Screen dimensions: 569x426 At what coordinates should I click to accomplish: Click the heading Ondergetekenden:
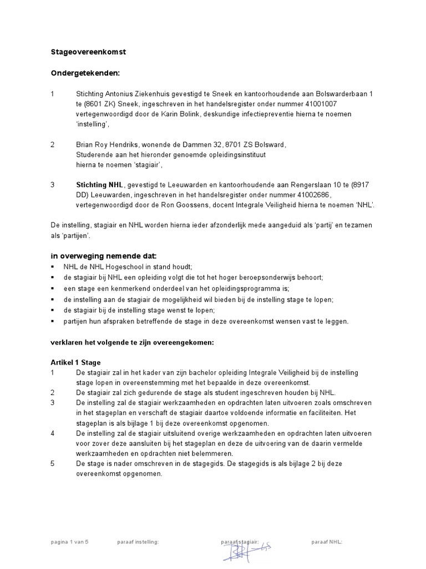(x=85, y=73)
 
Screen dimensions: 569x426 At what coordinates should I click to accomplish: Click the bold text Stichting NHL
(x=100, y=184)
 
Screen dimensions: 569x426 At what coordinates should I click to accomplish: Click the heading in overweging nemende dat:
(x=104, y=256)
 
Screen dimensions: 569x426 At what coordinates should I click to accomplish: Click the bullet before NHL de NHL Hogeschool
(x=53, y=267)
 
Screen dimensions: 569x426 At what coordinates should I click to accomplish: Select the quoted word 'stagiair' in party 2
(x=146, y=165)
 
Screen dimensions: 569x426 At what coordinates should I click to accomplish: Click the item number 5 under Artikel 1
(x=53, y=463)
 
